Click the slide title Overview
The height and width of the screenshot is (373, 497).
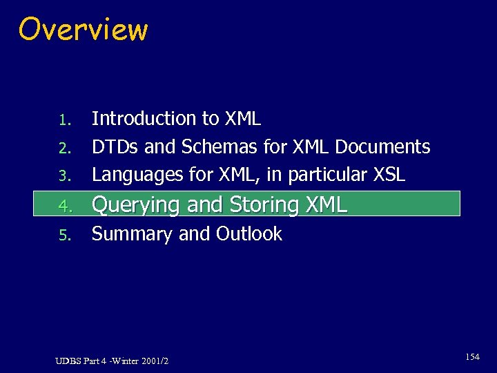pos(83,30)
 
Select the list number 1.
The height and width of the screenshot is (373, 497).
pos(64,120)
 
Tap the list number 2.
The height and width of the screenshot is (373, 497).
pos(64,149)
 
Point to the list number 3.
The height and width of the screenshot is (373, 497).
pos(64,177)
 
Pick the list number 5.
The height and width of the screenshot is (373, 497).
pos(64,236)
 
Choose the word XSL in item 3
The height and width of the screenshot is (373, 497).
pos(389,175)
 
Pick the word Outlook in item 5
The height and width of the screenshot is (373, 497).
pos(249,234)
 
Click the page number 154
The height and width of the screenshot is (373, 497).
pos(472,357)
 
